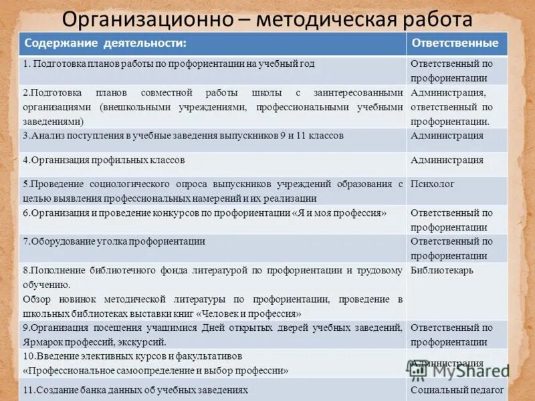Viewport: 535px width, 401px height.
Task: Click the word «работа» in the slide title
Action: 434,18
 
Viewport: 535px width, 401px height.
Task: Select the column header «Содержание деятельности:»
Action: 105,43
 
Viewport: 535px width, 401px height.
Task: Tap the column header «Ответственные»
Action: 455,43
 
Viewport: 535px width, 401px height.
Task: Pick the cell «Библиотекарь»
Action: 442,271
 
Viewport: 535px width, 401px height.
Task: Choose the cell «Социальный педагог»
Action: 457,390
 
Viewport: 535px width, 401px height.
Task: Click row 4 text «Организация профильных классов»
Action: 104,160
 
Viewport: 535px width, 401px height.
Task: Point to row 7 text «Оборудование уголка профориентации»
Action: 114,242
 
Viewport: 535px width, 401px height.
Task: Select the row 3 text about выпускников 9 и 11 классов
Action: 183,136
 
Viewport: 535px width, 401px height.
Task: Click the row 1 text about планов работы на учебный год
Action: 169,64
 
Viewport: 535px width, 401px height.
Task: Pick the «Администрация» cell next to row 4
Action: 447,160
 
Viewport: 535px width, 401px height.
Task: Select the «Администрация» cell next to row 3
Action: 447,136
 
